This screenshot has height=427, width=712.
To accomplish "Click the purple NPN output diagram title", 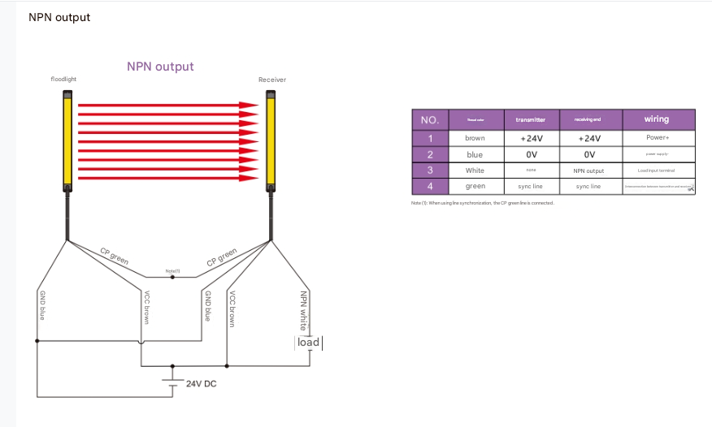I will click(160, 67).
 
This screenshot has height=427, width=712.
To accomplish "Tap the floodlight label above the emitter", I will click(63, 80).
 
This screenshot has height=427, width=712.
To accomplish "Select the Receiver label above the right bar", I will click(272, 80).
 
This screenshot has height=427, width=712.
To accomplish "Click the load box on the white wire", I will click(308, 343).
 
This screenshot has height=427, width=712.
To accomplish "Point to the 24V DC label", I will click(200, 382).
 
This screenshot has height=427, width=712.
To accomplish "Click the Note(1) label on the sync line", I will click(172, 270).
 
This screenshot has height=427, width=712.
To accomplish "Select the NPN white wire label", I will click(304, 311).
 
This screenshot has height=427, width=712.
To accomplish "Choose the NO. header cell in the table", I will click(430, 119).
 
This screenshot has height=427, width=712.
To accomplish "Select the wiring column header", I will click(656, 119).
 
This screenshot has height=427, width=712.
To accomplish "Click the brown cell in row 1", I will click(475, 138).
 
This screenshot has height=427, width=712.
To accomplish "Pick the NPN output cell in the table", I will click(588, 170).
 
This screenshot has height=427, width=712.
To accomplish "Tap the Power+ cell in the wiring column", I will click(656, 138).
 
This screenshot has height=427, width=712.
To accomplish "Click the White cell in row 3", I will click(475, 170).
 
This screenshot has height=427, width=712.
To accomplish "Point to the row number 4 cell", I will click(430, 187).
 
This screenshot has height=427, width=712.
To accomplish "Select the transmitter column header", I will click(531, 119).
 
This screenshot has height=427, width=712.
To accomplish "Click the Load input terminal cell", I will click(656, 170).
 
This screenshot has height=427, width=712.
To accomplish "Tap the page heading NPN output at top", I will click(59, 17).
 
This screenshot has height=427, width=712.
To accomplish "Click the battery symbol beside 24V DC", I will click(171, 384).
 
